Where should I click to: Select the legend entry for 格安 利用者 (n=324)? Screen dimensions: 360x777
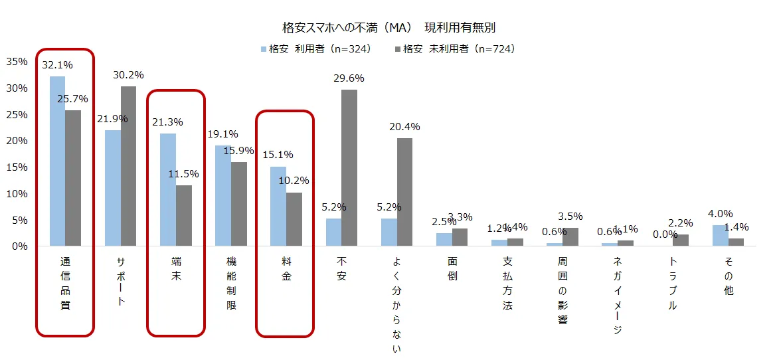pyautogui.click(x=315, y=48)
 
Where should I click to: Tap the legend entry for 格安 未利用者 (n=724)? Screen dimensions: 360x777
pyautogui.click(x=455, y=48)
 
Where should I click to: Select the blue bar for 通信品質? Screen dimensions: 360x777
pyautogui.click(x=57, y=161)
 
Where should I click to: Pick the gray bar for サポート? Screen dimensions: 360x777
pyautogui.click(x=128, y=166)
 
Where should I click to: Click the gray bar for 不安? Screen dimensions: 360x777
pyautogui.click(x=349, y=167)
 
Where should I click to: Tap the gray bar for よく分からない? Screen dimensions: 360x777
pyautogui.click(x=404, y=192)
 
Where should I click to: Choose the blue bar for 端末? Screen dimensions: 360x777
pyautogui.click(x=168, y=189)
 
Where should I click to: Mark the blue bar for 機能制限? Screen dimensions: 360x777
pyautogui.click(x=223, y=195)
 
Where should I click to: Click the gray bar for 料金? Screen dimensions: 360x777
pyautogui.click(x=294, y=219)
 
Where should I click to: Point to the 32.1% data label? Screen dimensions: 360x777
pyautogui.click(x=57, y=65)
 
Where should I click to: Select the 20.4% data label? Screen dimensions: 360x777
pyautogui.click(x=404, y=127)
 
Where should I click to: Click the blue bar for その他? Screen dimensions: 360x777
pyautogui.click(x=721, y=235)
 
